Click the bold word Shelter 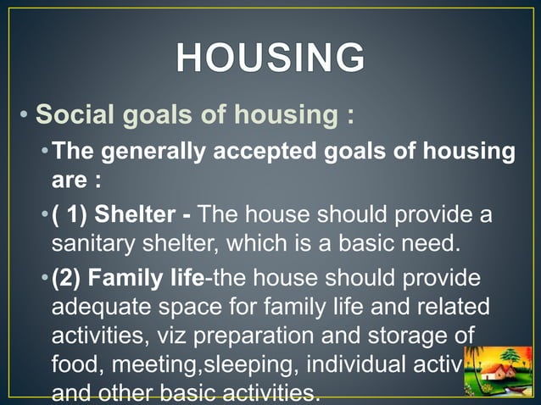(134, 215)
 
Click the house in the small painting (496, 373)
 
